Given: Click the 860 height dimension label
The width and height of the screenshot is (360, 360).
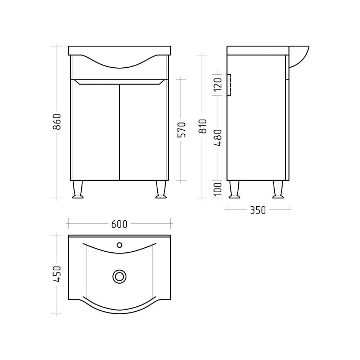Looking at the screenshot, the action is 57,121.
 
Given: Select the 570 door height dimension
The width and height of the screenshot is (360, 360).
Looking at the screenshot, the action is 181,130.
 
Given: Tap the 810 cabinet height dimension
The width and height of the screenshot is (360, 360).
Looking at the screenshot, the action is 202,126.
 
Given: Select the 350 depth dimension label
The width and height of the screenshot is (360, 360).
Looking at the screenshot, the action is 258,210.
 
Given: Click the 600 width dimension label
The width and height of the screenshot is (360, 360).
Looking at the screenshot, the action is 119,224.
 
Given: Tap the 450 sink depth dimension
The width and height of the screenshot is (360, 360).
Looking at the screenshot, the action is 57,274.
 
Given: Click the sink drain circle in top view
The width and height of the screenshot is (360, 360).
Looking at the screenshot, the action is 120,276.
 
